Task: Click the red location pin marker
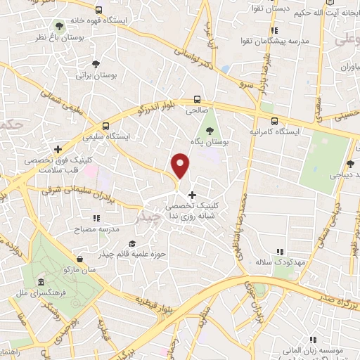click(181, 166)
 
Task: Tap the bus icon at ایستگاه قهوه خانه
click(98, 11)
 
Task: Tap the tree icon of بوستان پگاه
click(209, 130)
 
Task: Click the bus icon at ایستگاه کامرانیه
click(274, 120)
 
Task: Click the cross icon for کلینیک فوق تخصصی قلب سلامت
click(58, 149)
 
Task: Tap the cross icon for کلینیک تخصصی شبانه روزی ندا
click(192, 194)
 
